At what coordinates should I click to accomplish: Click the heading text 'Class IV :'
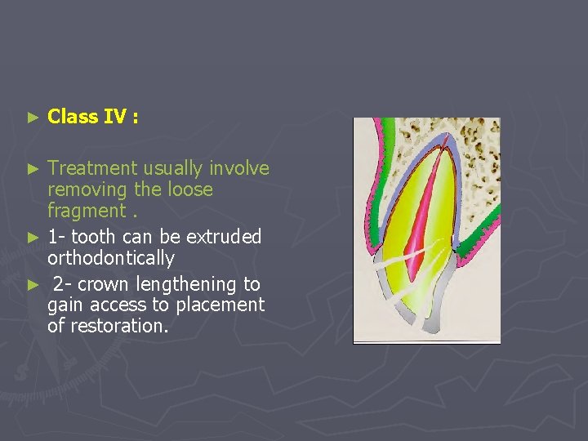pos(92,117)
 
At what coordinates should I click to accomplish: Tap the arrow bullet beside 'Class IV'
pos(33,118)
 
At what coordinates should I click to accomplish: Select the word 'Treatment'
pos(92,168)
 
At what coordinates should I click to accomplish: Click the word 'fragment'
pos(83,212)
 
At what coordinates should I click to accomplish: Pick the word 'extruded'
pos(224,237)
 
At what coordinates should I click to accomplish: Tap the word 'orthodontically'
pos(111,259)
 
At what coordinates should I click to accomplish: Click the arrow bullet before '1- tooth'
pos(33,238)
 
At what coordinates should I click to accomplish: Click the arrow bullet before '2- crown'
pos(33,285)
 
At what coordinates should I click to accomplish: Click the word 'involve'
pos(238,168)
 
